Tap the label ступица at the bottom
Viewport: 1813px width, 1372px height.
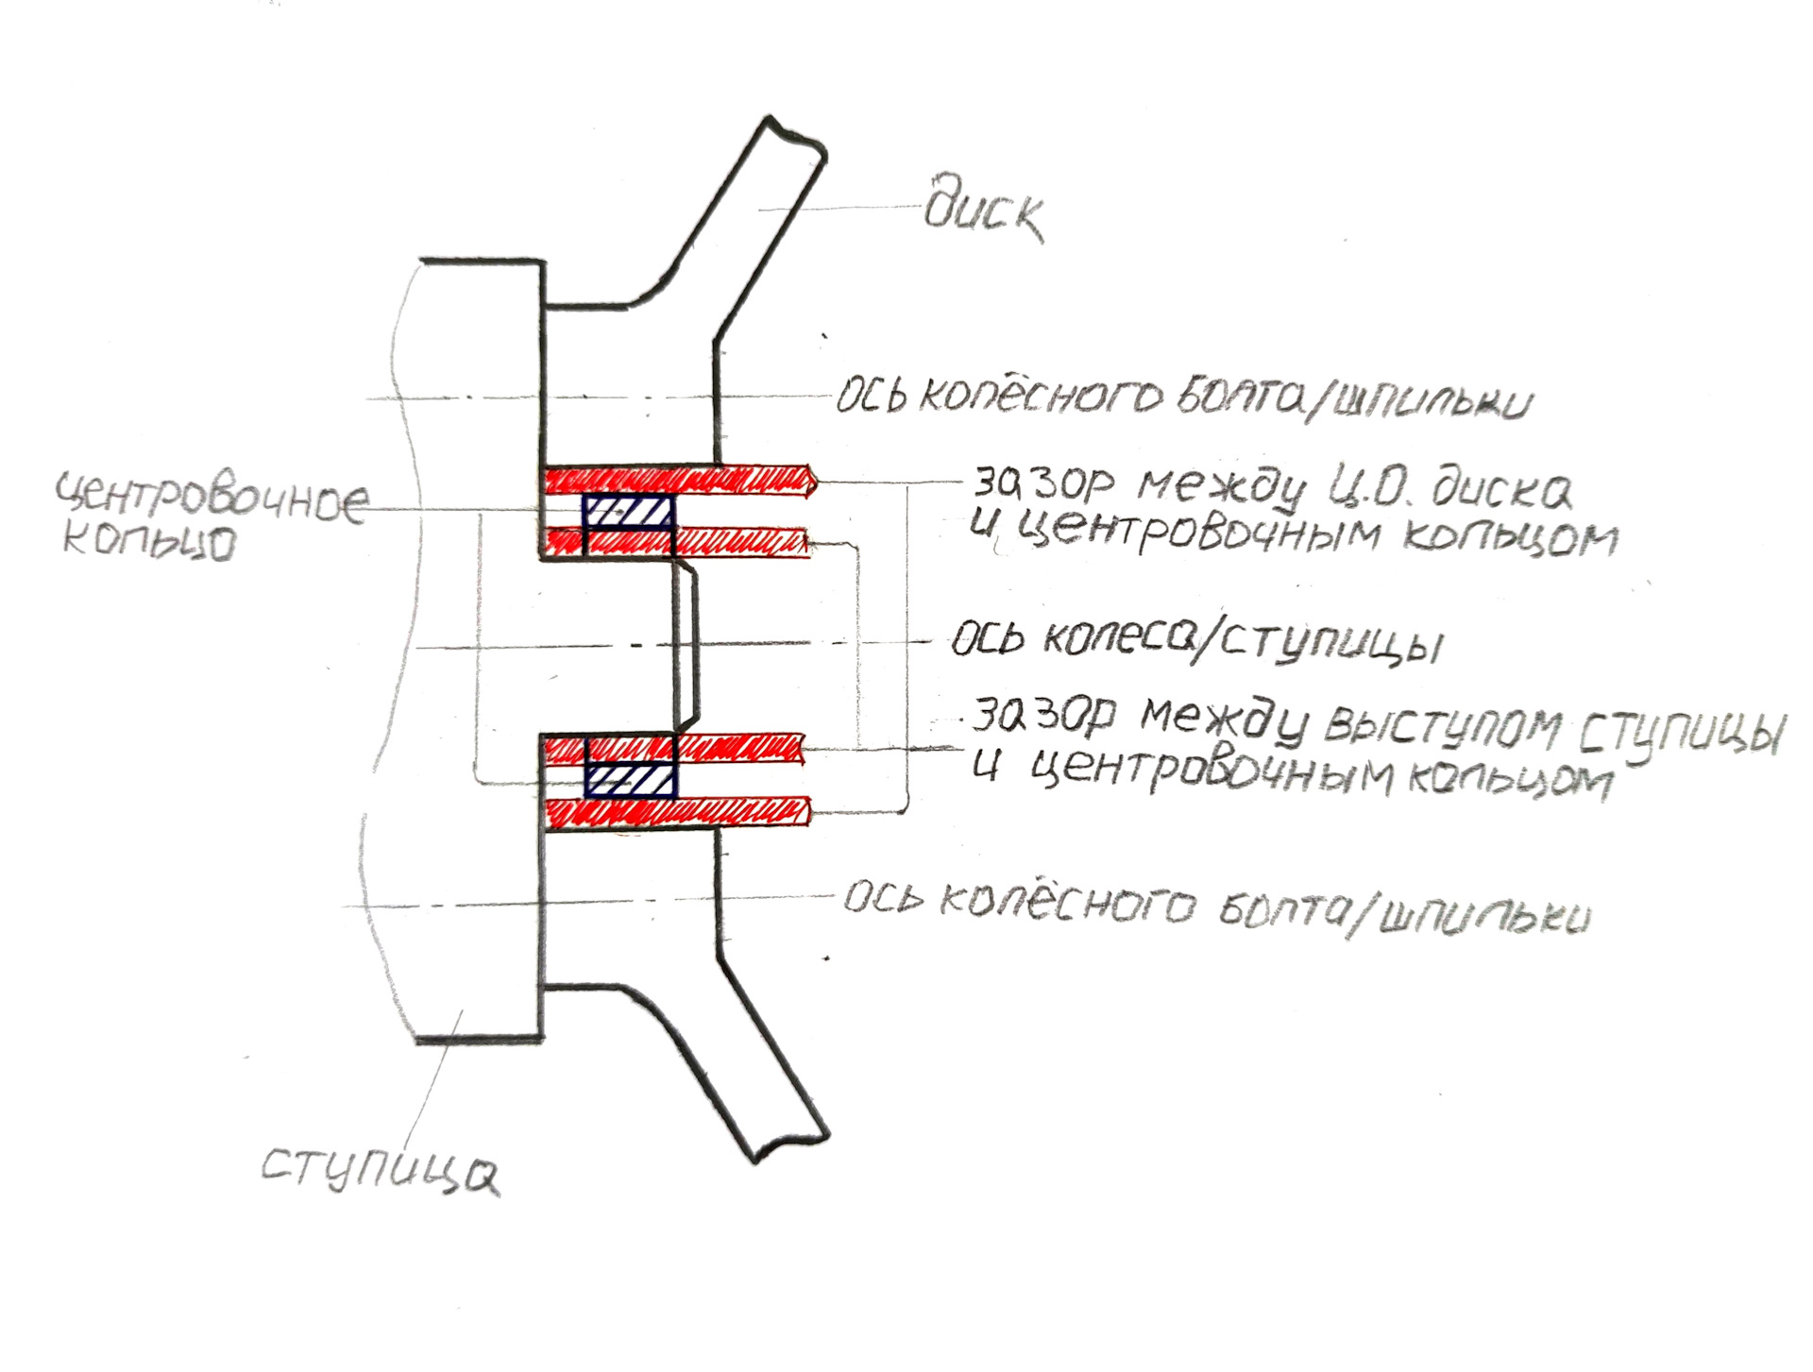click(380, 1170)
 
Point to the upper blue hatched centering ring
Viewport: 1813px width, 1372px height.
click(629, 512)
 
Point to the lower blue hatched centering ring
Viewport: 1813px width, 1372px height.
click(631, 779)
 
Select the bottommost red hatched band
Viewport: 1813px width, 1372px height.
click(678, 813)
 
